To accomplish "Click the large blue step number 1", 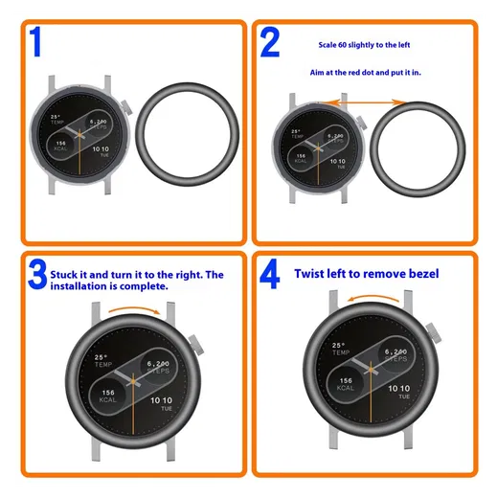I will (x=35, y=43).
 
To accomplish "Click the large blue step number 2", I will (x=270, y=43).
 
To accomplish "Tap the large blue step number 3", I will (x=37, y=276).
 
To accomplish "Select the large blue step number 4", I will (x=271, y=276).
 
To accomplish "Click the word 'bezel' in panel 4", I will (x=418, y=274).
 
